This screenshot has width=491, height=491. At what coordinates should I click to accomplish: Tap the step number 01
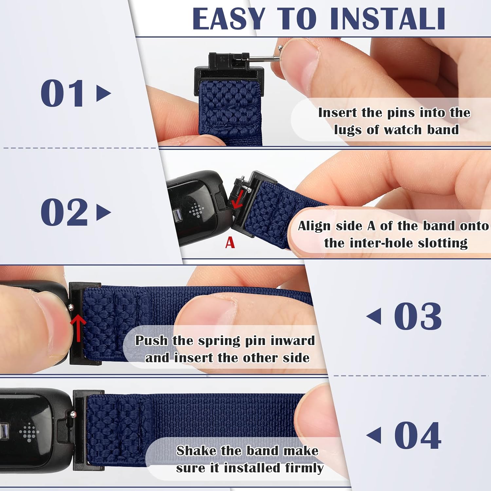62,94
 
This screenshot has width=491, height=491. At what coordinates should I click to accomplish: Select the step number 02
64,212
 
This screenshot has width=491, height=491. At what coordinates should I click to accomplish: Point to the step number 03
418,317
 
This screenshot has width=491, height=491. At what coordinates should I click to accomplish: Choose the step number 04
418,436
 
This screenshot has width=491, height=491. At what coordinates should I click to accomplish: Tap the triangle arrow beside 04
374,436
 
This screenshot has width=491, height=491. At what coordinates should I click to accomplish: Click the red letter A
230,243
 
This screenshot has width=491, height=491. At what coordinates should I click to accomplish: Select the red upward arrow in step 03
78,327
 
